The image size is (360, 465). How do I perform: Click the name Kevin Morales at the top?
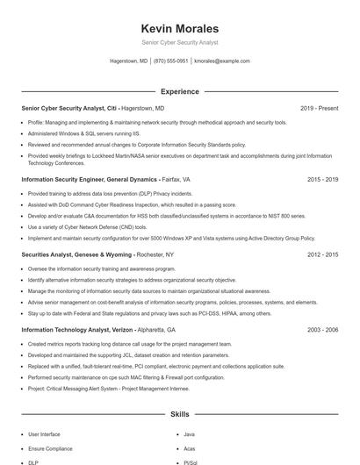tap(179, 28)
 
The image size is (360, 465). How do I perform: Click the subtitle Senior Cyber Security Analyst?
tap(179, 42)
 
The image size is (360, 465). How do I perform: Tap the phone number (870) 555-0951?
tap(170, 61)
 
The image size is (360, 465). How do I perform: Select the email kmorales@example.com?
tap(222, 61)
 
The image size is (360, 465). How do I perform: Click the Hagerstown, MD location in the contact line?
tap(128, 61)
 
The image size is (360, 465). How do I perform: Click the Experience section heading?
tap(179, 91)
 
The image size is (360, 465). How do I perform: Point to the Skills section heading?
tap(179, 413)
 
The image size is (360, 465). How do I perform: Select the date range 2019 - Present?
tap(319, 108)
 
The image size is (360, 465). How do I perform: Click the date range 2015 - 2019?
tap(322, 179)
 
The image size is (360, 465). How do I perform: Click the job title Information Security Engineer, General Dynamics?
tap(88, 179)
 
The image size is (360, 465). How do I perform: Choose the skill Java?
tap(191, 434)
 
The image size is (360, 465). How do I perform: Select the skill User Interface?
tap(44, 434)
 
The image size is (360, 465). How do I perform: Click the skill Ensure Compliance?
tap(50, 448)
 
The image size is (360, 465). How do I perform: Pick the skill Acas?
tap(191, 448)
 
